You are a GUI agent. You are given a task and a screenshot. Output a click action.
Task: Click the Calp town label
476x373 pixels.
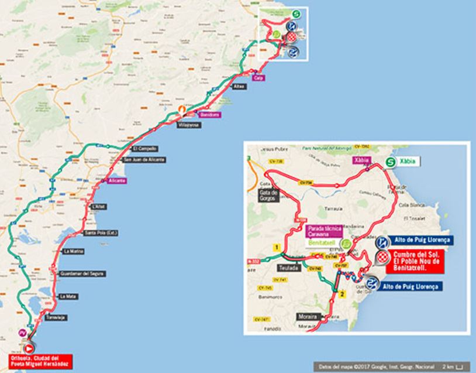pos(258,77)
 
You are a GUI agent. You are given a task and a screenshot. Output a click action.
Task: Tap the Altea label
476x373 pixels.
pos(239,87)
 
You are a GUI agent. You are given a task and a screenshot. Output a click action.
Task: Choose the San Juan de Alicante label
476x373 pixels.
pos(144,160)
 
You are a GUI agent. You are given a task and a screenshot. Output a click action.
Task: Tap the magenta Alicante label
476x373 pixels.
pos(117,181)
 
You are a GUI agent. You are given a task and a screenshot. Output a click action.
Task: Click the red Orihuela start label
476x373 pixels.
pos(39,360)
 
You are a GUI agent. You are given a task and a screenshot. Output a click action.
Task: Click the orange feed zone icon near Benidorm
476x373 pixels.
pos(182,109)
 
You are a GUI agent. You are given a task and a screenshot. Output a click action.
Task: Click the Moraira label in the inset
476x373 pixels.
pos(311,316)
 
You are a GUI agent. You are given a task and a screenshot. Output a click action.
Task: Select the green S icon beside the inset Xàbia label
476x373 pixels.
pos(390,165)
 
